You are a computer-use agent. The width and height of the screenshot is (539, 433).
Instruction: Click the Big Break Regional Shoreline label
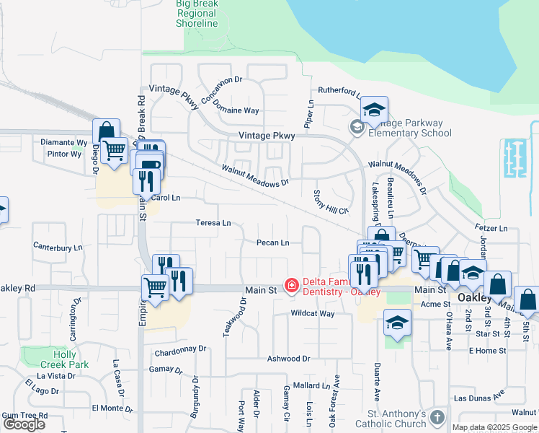click(x=197, y=14)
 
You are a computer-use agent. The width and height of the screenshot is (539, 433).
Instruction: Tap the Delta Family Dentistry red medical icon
click(x=292, y=287)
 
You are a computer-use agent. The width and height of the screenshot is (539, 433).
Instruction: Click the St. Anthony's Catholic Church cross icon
click(x=437, y=419)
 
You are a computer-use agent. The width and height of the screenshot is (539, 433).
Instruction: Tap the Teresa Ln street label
click(x=213, y=223)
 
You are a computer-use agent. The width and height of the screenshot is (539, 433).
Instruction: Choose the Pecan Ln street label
click(x=273, y=243)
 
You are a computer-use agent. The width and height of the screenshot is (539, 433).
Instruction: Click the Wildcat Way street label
click(x=312, y=314)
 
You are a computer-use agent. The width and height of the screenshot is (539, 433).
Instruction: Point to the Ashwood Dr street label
click(x=288, y=359)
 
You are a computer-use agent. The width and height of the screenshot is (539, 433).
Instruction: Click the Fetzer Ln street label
click(x=491, y=229)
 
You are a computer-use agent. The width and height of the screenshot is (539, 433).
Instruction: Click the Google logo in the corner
click(x=24, y=424)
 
